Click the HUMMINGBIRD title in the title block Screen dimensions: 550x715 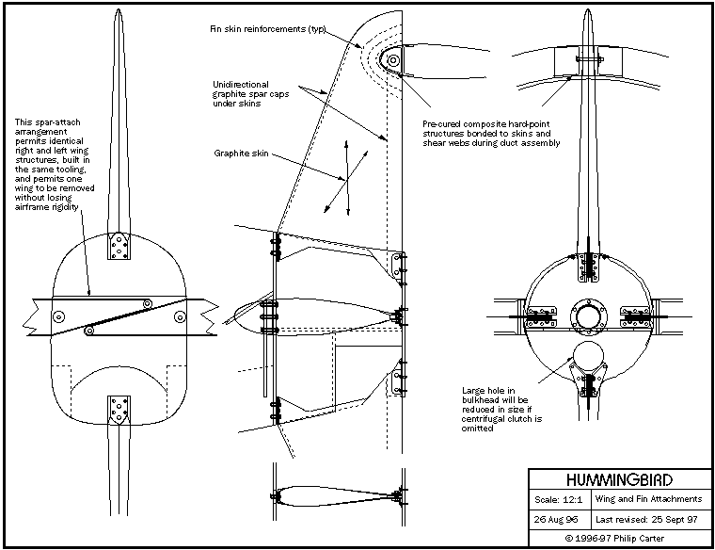619,478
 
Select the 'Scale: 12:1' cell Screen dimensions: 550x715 561,498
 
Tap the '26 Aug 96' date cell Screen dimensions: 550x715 558,519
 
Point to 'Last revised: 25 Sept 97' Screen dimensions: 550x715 649,519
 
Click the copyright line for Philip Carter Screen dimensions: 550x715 619,539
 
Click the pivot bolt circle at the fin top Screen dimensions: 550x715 393,61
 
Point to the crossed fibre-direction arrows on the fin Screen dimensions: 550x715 344,176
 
